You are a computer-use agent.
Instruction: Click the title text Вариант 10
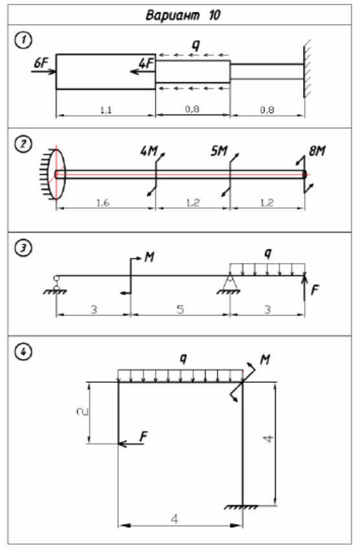tap(183, 16)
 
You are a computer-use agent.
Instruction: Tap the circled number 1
tap(23, 40)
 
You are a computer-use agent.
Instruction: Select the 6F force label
tap(41, 63)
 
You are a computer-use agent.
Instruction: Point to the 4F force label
tap(146, 63)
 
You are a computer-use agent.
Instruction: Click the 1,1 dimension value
tap(106, 110)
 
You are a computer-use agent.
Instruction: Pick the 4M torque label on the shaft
tap(149, 151)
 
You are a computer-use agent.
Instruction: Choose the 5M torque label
tap(219, 151)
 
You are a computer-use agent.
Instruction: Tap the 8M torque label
tap(317, 151)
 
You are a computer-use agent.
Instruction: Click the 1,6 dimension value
tap(103, 203)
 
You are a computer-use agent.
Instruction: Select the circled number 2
tap(23, 144)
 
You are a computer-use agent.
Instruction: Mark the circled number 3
tap(23, 248)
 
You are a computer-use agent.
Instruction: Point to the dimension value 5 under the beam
tap(180, 310)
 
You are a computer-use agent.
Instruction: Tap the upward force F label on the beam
tap(315, 290)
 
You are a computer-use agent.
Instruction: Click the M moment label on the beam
tap(150, 257)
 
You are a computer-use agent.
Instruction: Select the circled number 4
tap(23, 352)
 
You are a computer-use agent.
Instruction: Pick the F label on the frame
tap(143, 437)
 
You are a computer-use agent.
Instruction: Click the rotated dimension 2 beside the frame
tap(82, 411)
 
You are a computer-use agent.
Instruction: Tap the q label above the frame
tap(183, 358)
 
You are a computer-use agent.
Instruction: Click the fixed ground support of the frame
tap(242, 507)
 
